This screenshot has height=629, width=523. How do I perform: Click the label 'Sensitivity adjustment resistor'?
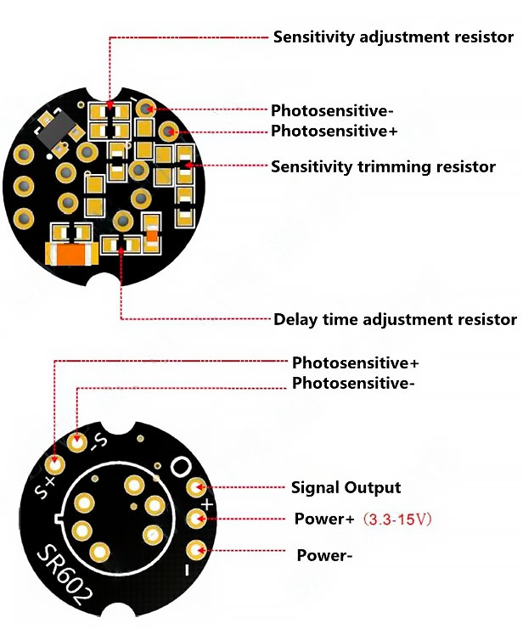pyautogui.click(x=393, y=37)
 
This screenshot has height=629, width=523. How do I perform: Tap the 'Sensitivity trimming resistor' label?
pyautogui.click(x=383, y=166)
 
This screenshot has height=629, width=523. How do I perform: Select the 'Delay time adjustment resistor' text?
pyautogui.click(x=395, y=320)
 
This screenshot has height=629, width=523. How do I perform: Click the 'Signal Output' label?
pyautogui.click(x=346, y=487)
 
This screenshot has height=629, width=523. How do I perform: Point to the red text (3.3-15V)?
pyautogui.click(x=397, y=519)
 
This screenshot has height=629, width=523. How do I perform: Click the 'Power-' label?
pyautogui.click(x=324, y=556)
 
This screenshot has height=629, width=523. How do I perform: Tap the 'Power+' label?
pyautogui.click(x=324, y=519)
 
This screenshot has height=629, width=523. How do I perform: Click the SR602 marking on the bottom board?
pyautogui.click(x=65, y=576)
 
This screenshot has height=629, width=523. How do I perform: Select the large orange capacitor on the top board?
pyautogui.click(x=72, y=254)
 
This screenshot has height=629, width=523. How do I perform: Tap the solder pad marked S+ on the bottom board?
pyautogui.click(x=55, y=464)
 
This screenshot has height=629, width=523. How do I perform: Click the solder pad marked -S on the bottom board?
pyautogui.click(x=77, y=442)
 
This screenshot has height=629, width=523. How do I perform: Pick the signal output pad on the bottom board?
pyautogui.click(x=197, y=488)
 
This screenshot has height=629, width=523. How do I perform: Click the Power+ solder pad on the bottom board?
pyautogui.click(x=197, y=519)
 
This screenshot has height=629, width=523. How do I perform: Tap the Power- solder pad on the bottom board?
pyautogui.click(x=197, y=550)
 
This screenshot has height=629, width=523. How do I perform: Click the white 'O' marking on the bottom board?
pyautogui.click(x=182, y=467)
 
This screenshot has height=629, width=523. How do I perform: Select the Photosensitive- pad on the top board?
pyautogui.click(x=146, y=109)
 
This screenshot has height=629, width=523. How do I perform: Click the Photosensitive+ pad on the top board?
pyautogui.click(x=169, y=132)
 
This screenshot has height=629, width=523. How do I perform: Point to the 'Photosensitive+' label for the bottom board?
pyautogui.click(x=355, y=362)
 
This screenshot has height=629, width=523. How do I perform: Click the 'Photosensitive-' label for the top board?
pyautogui.click(x=332, y=110)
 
